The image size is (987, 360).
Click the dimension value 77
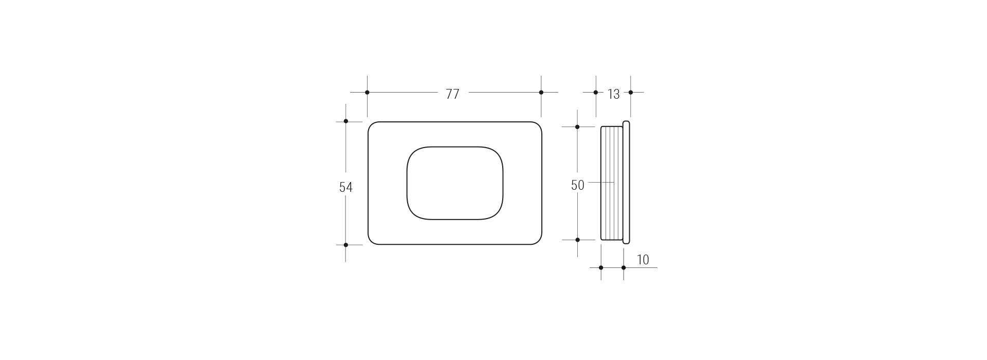click(452, 94)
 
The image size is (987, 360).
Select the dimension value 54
click(346, 187)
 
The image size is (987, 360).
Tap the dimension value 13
click(614, 94)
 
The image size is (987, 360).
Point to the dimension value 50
click(578, 185)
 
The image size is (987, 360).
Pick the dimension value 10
click(643, 260)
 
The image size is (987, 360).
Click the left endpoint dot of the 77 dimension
click(367, 93)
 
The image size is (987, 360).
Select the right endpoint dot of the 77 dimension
click(541, 93)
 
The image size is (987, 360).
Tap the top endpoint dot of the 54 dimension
click(346, 121)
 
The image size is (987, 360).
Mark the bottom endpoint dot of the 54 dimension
click(346, 245)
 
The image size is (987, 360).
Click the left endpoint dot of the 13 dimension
click(596, 93)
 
